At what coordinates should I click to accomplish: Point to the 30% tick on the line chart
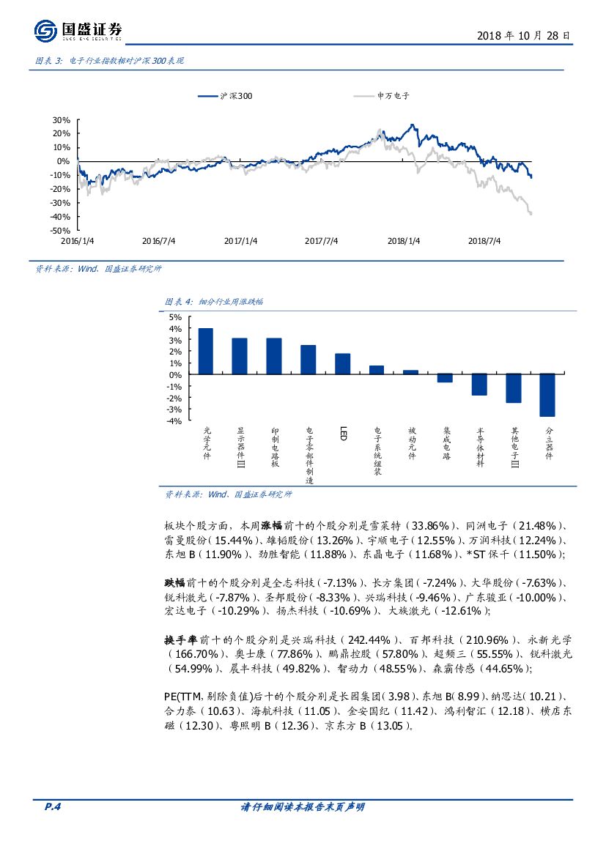tap(61, 120)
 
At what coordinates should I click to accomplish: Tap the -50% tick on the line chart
tap(60, 230)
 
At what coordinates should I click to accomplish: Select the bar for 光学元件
tap(206, 352)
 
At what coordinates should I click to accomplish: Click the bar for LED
tap(342, 364)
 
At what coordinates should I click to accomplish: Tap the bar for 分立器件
tap(547, 395)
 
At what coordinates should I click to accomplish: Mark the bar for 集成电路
tap(445, 378)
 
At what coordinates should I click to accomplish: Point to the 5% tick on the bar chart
tap(175, 317)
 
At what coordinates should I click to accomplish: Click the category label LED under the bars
tap(342, 434)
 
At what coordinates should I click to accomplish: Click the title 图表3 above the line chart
tap(109, 62)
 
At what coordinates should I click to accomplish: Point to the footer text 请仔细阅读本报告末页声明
tap(303, 807)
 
